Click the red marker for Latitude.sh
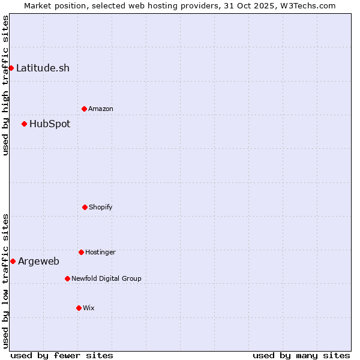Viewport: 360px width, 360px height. point(11,68)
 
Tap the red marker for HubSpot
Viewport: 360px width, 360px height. point(24,124)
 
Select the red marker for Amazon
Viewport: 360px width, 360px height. point(84,109)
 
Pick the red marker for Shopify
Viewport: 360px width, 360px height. point(85,207)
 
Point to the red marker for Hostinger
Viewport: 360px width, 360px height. point(81,252)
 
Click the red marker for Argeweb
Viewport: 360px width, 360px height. point(13,261)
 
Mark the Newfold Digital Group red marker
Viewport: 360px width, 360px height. point(67,278)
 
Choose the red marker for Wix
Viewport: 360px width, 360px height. point(79,308)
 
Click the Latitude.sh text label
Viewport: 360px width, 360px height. point(43,68)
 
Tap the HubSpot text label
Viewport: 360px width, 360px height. point(50,124)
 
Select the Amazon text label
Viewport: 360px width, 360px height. point(101,109)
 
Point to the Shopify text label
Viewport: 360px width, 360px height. point(101,207)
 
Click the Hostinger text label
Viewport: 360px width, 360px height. point(100,252)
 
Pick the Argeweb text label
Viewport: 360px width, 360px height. point(38,261)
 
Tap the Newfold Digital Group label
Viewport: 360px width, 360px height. point(106,278)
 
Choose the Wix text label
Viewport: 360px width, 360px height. point(89,308)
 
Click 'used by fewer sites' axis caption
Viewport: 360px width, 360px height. point(62,355)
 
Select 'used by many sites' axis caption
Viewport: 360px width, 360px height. point(301,355)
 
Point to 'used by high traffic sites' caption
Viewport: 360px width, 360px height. point(5,85)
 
